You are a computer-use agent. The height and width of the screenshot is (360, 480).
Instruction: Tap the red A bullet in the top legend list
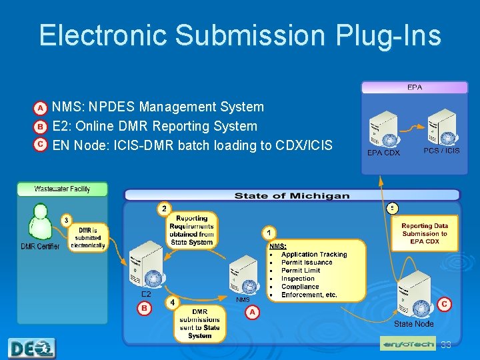(x=41, y=107)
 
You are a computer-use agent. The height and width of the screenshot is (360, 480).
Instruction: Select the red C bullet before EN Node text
(x=41, y=144)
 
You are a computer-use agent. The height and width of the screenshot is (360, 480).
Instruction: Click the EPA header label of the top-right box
(x=415, y=87)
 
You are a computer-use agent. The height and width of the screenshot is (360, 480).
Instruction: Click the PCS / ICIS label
(x=441, y=151)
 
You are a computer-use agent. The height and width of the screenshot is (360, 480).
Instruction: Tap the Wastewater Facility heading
(x=62, y=189)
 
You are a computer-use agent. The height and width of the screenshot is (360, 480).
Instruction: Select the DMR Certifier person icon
(x=39, y=222)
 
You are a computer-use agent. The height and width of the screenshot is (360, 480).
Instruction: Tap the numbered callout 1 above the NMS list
(x=268, y=233)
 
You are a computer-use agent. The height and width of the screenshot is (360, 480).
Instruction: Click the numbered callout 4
(x=173, y=302)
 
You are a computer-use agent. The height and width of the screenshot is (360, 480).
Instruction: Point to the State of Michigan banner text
(x=291, y=195)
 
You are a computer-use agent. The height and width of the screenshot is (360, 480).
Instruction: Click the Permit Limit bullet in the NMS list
(x=300, y=270)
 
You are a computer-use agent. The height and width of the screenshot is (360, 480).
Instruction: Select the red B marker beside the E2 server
(x=144, y=308)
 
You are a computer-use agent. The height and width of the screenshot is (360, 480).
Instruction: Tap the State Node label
(x=413, y=324)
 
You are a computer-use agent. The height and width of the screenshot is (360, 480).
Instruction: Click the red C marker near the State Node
(x=445, y=304)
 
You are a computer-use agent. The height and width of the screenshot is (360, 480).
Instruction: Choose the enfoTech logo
(x=408, y=344)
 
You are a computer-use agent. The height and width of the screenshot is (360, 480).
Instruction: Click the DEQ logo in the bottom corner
(x=32, y=348)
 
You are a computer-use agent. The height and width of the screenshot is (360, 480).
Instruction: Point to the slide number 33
(x=445, y=345)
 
